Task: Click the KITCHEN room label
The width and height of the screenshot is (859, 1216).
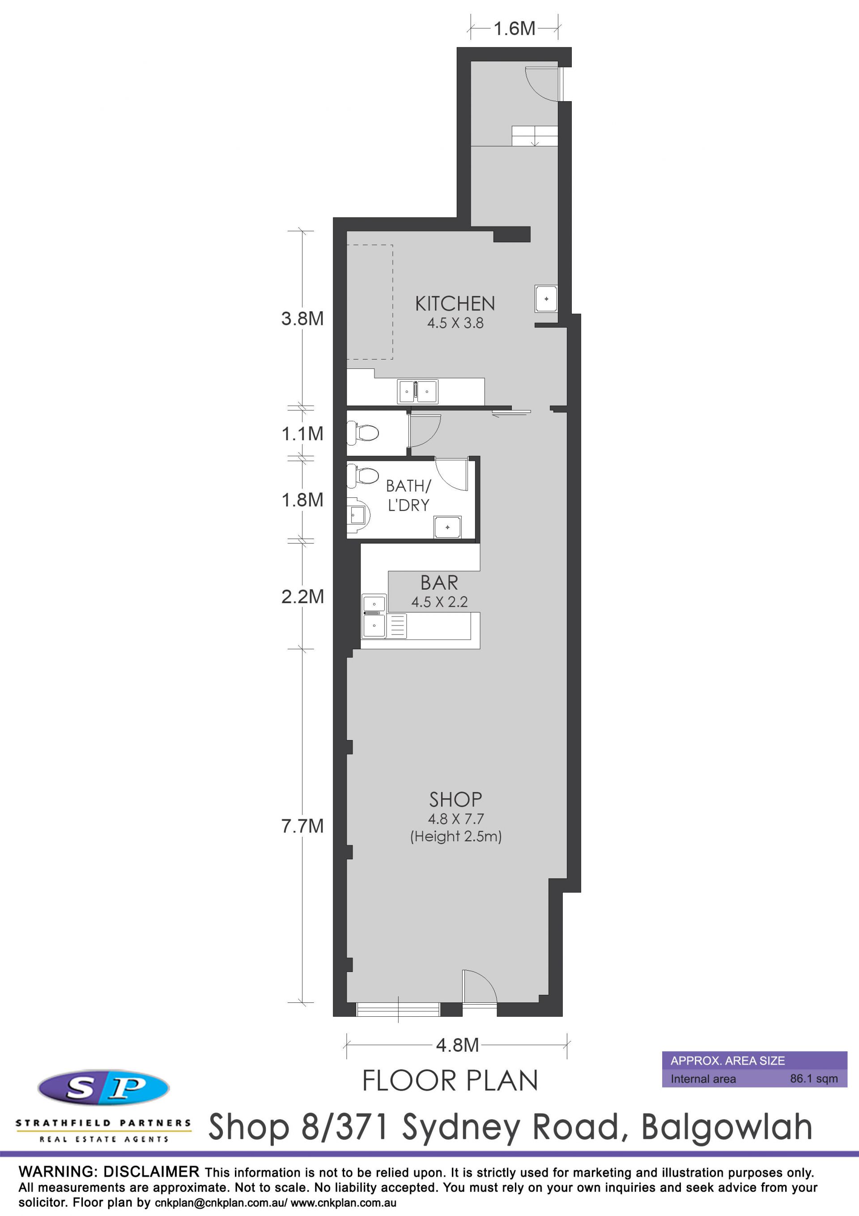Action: point(455,304)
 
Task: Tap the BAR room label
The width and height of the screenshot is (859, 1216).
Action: point(439,582)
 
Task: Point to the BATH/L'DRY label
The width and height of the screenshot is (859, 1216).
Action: point(408,495)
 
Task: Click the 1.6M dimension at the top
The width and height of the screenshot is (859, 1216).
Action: point(515,29)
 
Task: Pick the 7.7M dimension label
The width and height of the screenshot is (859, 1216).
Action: point(302,826)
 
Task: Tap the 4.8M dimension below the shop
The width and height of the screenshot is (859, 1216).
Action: point(457,1045)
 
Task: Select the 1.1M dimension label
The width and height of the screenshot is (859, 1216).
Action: point(302,434)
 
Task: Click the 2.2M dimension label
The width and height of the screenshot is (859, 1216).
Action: point(302,596)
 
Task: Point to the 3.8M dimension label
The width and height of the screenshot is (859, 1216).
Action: point(302,318)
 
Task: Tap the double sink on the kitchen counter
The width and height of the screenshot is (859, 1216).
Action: point(417,391)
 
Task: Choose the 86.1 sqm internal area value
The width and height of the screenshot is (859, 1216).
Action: point(814,1079)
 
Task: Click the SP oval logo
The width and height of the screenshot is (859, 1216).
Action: point(104,1088)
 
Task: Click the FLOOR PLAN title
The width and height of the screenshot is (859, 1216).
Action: point(450,1081)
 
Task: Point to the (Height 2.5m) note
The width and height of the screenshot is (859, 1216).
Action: point(456,837)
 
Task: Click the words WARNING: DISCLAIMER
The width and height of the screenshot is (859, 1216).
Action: point(109,1172)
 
